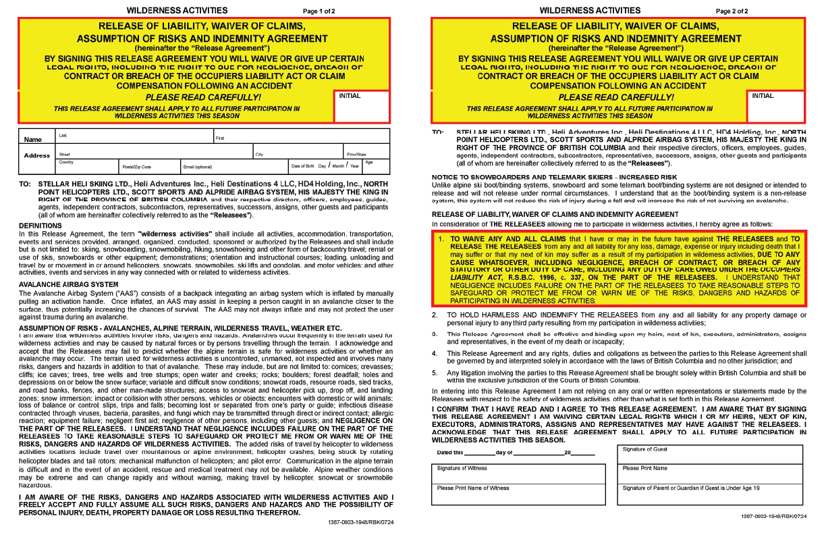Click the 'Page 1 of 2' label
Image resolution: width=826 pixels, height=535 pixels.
pos(319,11)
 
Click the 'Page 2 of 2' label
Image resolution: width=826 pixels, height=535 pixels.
pos(733,11)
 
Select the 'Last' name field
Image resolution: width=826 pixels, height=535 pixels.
pos(134,136)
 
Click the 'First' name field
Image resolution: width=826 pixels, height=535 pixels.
pos(301,136)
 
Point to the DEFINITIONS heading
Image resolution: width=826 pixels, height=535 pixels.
pos(40,226)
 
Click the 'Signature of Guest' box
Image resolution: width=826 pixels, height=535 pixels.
pos(709,455)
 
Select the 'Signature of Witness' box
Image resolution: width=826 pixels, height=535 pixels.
pos(518,474)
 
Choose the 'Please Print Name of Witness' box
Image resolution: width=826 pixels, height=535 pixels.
pos(518,494)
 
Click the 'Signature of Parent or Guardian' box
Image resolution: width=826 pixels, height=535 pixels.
pos(709,494)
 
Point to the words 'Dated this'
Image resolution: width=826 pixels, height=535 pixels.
pos(450,453)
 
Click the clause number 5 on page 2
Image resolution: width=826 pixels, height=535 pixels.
pos(435,372)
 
